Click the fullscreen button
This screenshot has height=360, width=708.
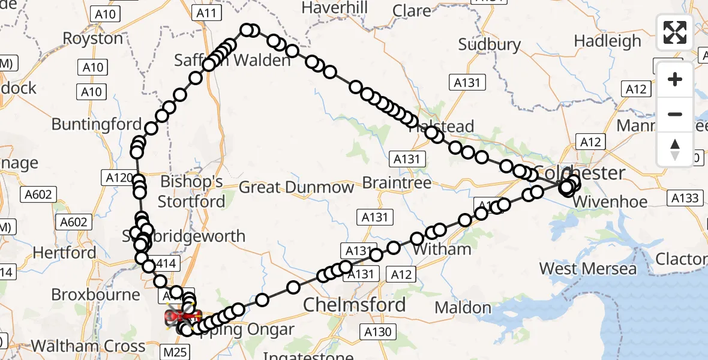pos(675,32)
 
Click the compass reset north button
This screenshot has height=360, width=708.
pos(675,149)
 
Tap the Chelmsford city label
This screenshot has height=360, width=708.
pos(354,305)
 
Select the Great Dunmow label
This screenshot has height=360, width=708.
pos(296,187)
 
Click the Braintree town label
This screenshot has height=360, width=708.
pos(397,182)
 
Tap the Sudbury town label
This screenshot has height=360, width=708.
pos(490,44)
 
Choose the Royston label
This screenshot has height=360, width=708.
pos(93,38)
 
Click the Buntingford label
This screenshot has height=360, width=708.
pos(96,124)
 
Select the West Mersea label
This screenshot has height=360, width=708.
pos(587,268)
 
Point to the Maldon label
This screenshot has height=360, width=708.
pos(463,308)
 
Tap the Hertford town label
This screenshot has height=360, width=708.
pos(64,253)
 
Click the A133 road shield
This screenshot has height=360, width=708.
pos(685,198)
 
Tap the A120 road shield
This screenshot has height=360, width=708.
pos(118,178)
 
